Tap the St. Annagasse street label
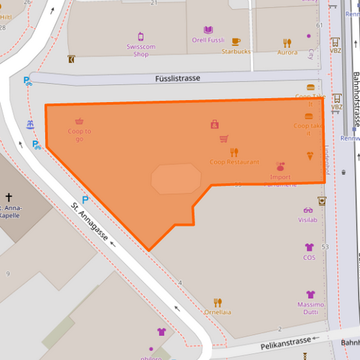click(x=93, y=224)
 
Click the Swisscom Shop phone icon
click(x=140, y=36)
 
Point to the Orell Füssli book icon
click(x=208, y=30)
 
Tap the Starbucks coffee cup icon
click(x=236, y=41)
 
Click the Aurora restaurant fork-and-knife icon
click(x=287, y=42)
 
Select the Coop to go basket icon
click(x=79, y=122)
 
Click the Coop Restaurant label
click(x=234, y=162)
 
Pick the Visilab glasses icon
click(x=308, y=210)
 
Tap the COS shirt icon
click(x=309, y=247)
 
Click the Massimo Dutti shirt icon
click(x=310, y=294)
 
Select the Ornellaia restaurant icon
click(x=217, y=302)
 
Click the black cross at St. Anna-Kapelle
click(x=9, y=197)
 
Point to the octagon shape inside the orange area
click(x=176, y=179)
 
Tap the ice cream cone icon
click(x=310, y=156)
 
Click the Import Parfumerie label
click(x=280, y=177)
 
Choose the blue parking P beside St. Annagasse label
click(x=85, y=199)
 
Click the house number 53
click(x=325, y=247)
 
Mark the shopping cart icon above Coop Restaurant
click(x=224, y=139)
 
